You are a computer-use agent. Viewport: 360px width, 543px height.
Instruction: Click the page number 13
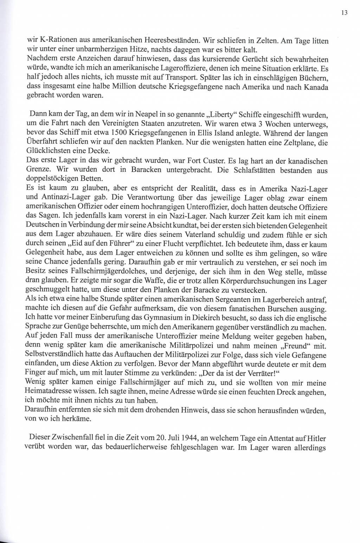344,13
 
